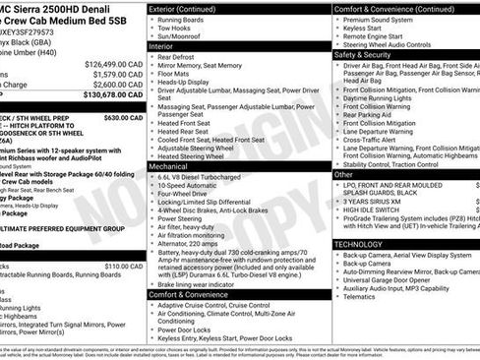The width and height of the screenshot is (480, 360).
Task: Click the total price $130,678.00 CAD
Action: (x=99, y=94)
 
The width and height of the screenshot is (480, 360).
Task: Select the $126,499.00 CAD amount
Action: (x=99, y=62)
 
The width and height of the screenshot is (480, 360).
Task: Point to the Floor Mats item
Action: (x=176, y=74)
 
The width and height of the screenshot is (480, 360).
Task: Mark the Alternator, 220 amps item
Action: (x=194, y=242)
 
